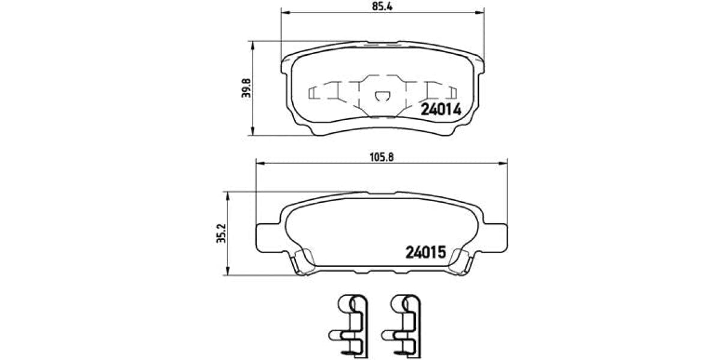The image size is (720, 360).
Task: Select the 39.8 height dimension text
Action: click(x=244, y=88)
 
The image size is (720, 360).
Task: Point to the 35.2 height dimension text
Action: click(x=221, y=233)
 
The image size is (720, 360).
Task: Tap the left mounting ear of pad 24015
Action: click(x=267, y=234)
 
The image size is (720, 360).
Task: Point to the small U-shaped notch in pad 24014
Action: click(x=381, y=97)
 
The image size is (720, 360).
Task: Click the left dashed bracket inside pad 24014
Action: click(x=314, y=92)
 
